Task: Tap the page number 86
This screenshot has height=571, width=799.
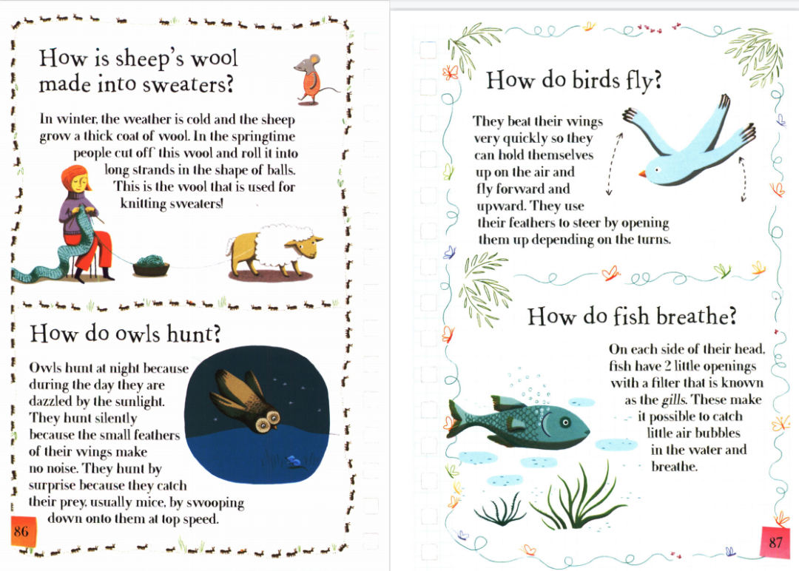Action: click(21, 531)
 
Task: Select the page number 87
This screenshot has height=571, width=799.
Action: click(775, 542)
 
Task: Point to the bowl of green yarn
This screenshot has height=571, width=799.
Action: click(151, 265)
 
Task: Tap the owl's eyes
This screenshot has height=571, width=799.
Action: click(268, 422)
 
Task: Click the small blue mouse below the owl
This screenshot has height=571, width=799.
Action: click(295, 462)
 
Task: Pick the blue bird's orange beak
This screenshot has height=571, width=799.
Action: click(643, 174)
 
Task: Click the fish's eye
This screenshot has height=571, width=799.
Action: click(565, 422)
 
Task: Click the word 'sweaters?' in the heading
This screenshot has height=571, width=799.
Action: click(188, 85)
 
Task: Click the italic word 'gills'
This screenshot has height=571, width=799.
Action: click(674, 400)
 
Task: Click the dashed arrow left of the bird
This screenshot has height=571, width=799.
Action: click(614, 164)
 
